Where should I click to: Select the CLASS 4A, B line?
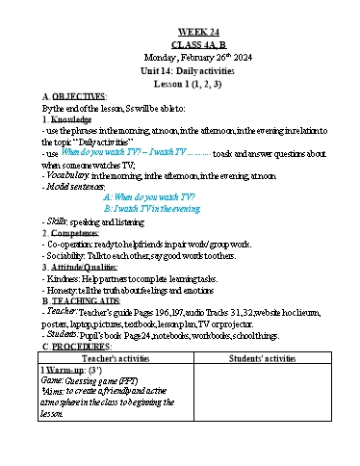(x=180, y=44)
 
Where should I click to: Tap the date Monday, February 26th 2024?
(x=180, y=58)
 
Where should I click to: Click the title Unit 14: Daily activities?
(x=180, y=71)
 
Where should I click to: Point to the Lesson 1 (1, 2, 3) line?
(x=180, y=84)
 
